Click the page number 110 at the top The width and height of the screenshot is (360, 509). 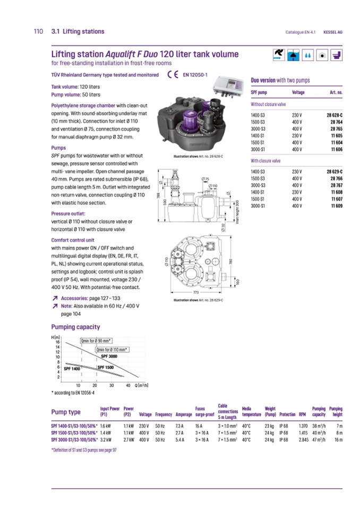pyautogui.click(x=38, y=32)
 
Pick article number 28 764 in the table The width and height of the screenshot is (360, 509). pyautogui.click(x=335, y=122)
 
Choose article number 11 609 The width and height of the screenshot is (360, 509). pyautogui.click(x=336, y=205)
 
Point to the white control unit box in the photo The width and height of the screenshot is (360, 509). pyautogui.click(x=227, y=87)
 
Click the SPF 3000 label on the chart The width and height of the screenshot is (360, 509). pyautogui.click(x=109, y=356)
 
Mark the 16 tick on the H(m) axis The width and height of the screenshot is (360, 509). pyautogui.click(x=58, y=342)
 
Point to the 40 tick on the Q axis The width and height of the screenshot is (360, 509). pyautogui.click(x=128, y=385)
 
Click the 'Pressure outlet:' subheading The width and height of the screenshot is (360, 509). pyautogui.click(x=68, y=213)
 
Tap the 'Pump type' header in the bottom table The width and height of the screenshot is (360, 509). pyautogui.click(x=66, y=412)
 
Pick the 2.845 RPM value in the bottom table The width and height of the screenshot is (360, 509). pyautogui.click(x=304, y=439)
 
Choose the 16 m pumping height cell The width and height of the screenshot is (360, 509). pyautogui.click(x=338, y=439)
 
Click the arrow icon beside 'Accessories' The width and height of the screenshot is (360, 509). pyautogui.click(x=55, y=298)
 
